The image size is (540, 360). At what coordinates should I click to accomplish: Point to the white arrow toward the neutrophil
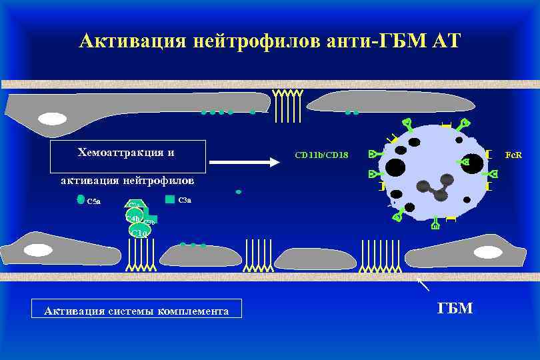pyautogui.click(x=244, y=162)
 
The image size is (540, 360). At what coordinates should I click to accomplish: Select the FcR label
pyautogui.click(x=513, y=155)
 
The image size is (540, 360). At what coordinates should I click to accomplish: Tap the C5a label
pyautogui.click(x=94, y=201)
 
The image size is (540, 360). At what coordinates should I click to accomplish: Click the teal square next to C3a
pyautogui.click(x=169, y=199)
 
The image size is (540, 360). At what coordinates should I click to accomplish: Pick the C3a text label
pyautogui.click(x=185, y=199)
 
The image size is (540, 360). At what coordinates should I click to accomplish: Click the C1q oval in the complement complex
pyautogui.click(x=139, y=231)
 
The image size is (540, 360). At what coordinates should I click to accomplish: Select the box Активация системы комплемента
pyautogui.click(x=136, y=310)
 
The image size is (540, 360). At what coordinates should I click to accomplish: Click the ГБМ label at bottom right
pyautogui.click(x=455, y=308)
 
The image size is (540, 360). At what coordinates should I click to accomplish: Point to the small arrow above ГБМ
pyautogui.click(x=423, y=285)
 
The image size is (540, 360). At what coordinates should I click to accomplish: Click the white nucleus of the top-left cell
pyautogui.click(x=52, y=119)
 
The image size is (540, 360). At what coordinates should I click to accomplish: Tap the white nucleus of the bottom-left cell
pyautogui.click(x=39, y=250)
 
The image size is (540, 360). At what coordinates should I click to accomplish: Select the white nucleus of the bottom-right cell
pyautogui.click(x=488, y=253)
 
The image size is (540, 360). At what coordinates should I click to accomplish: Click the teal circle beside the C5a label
pyautogui.click(x=81, y=199)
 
